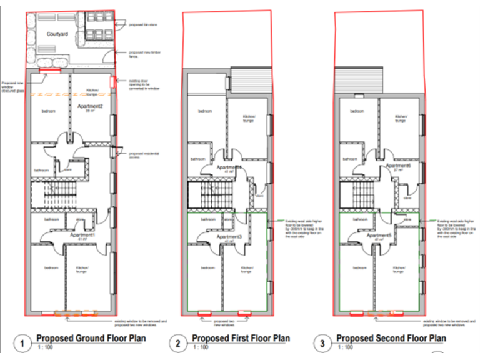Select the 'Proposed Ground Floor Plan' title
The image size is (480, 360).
coord(91,338)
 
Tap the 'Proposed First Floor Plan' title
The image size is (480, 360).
coord(241,338)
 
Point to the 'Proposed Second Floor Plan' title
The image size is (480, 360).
coord(391,338)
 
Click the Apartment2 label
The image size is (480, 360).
coord(91,107)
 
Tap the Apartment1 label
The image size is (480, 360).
coord(82,236)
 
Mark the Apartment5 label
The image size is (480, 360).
coord(380,236)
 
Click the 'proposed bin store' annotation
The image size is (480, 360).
coord(142,26)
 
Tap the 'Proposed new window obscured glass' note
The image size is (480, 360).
coord(13,84)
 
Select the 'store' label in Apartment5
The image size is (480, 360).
coord(406,219)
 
